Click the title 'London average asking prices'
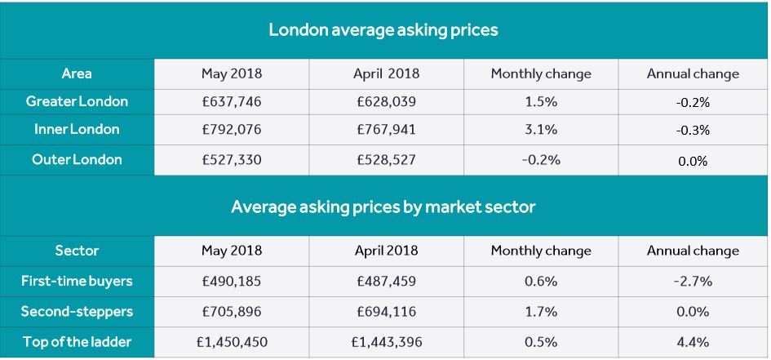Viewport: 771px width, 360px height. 383,30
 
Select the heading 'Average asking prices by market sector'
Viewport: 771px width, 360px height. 383,207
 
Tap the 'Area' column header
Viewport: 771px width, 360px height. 77,73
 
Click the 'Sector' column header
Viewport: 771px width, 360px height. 77,251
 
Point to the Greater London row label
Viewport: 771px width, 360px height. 77,101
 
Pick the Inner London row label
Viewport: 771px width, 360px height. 77,129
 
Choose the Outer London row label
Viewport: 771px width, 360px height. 77,159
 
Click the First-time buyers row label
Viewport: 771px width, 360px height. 77,281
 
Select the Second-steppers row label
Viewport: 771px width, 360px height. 77,311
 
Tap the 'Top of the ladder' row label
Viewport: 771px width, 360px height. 77,341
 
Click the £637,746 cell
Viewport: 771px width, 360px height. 232,101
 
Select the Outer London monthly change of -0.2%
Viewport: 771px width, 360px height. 541,159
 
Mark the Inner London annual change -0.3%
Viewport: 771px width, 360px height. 693,130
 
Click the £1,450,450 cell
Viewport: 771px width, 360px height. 232,341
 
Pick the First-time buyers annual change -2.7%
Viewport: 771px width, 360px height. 693,281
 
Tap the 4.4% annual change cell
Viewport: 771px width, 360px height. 693,341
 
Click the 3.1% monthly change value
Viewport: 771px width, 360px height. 541,129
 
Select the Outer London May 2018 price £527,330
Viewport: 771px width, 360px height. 232,159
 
